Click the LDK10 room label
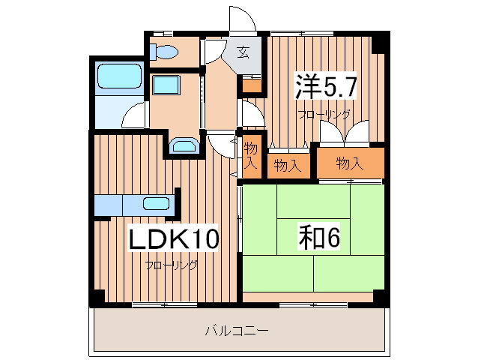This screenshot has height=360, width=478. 175,239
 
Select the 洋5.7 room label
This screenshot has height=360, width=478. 324,87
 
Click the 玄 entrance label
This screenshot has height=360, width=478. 244,52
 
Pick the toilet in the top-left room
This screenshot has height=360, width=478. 163,52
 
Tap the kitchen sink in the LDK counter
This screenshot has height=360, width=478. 156,202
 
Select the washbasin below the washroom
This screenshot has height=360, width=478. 183,145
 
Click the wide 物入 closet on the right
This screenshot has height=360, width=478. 350,163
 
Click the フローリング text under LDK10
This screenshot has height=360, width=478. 172,265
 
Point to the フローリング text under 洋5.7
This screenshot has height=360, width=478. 324,115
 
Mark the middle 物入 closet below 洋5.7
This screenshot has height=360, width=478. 287,164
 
